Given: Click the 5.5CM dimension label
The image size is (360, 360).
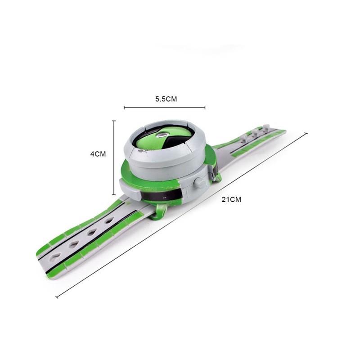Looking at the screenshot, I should pyautogui.click(x=166, y=99).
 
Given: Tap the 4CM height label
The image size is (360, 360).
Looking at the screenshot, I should pyautogui.click(x=98, y=154).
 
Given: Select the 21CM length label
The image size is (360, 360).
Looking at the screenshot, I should pyautogui.click(x=231, y=199).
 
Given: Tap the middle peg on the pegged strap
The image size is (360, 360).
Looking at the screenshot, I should pyautogui.click(x=255, y=132).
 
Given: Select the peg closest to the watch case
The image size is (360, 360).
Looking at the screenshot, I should pyautogui.click(x=243, y=135).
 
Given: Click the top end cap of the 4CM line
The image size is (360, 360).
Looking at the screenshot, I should pyautogui.click(x=114, y=121).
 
